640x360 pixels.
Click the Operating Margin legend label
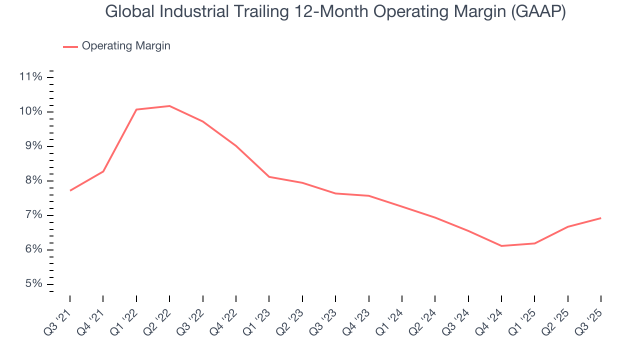tap(126, 46)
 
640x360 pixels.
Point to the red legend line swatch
tap(70, 46)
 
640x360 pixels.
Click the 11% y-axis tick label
tap(30, 76)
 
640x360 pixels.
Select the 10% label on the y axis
tap(30, 111)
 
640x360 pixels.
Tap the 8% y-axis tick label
tap(33, 180)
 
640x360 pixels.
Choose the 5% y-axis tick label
tap(33, 284)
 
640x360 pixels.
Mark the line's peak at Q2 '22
tap(169, 106)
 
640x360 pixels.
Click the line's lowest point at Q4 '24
tap(501, 246)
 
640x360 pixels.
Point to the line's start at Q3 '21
tap(70, 190)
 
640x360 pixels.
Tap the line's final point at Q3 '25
tap(600, 218)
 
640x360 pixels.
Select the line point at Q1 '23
tap(269, 176)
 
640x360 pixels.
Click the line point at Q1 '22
tap(136, 109)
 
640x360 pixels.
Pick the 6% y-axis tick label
tap(33, 249)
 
